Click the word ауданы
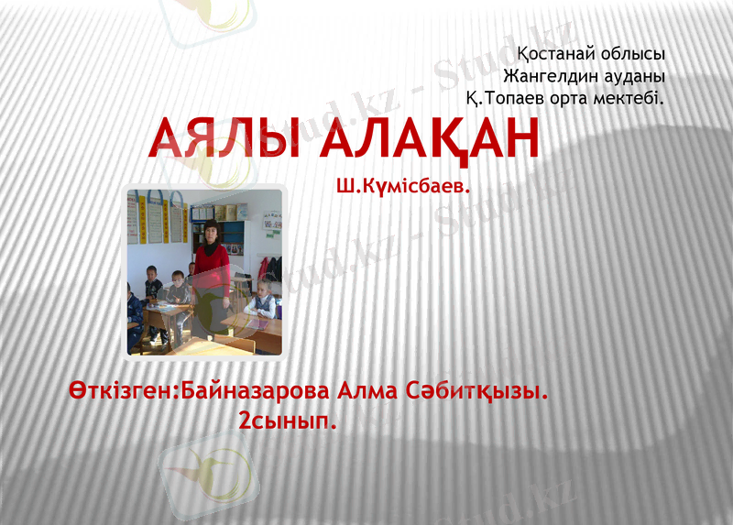tap(630, 75)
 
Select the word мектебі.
tap(633, 96)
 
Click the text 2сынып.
tap(288, 422)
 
